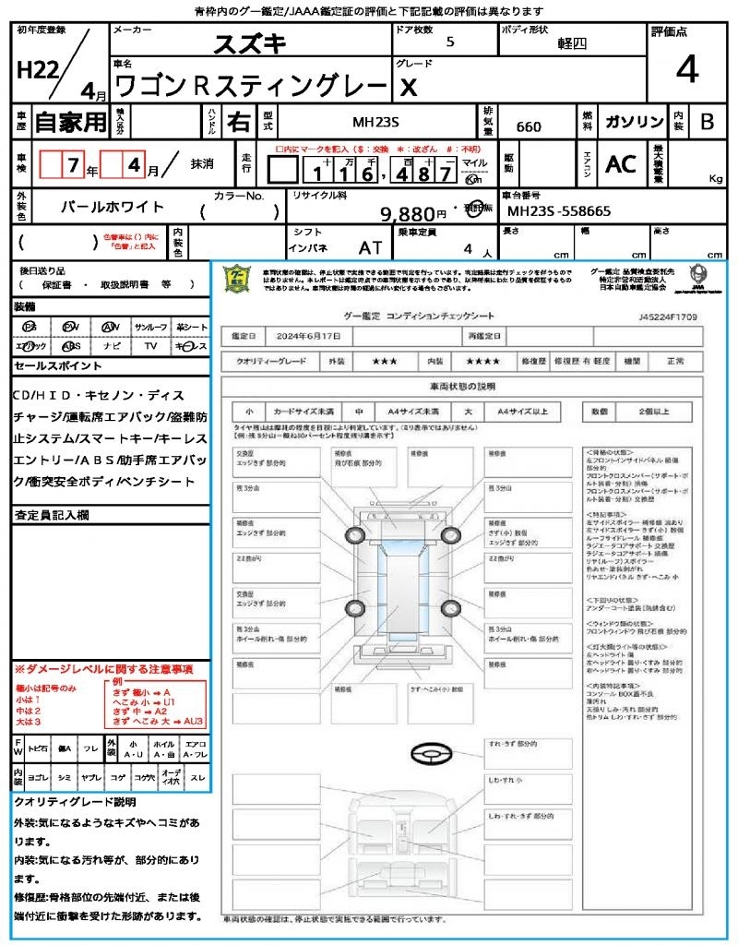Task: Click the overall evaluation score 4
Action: (685, 71)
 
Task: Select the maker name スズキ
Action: (250, 43)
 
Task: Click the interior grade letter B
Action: (707, 122)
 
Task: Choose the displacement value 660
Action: (529, 126)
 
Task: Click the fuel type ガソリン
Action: (634, 122)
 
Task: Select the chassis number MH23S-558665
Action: (559, 211)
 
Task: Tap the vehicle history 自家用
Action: (71, 121)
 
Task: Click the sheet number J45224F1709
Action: (667, 317)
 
